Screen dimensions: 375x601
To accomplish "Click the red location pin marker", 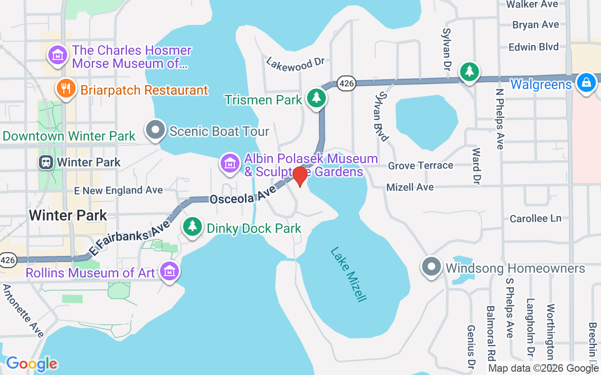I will tap(300, 176).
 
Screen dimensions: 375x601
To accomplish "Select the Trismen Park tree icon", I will tap(317, 98).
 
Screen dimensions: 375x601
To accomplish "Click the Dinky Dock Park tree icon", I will tap(192, 226).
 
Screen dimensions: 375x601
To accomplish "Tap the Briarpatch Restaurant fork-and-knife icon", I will tap(66, 88).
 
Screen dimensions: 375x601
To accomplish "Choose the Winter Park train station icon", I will tap(46, 162).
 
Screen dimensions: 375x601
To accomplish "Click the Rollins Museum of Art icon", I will tap(169, 271).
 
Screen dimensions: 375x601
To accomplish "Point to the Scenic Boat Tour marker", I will tap(155, 129).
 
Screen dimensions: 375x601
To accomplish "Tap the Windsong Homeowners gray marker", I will tap(431, 267).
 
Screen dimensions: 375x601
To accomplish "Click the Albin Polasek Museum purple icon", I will tap(230, 164).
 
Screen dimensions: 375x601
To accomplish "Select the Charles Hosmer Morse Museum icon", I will tap(57, 54).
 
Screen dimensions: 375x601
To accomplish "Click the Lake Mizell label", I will tap(348, 274).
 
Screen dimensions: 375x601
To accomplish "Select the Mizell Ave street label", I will tap(410, 187).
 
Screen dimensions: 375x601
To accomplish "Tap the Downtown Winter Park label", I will tap(69, 136).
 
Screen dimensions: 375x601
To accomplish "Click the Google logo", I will tap(31, 364).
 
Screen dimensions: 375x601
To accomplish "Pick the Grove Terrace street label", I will tap(420, 165).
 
